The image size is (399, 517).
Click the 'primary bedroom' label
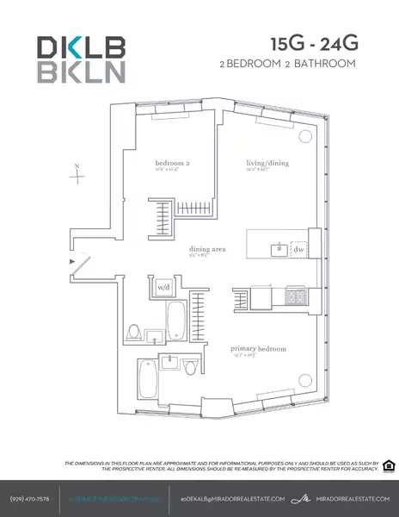coord(258,349)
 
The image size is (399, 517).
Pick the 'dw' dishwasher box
coord(298,249)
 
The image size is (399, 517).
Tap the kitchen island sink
coord(277,249)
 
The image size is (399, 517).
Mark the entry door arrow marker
coord(73,259)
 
